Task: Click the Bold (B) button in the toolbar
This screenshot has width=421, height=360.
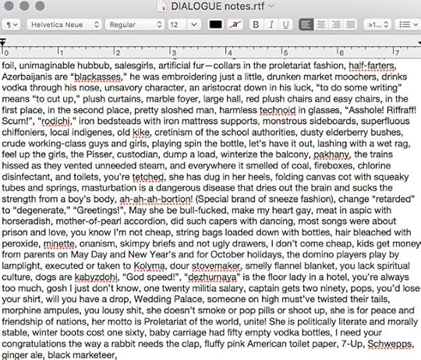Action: (253, 24)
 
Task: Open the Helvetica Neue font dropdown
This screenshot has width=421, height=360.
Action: (64, 24)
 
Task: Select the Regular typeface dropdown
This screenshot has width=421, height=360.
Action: (133, 24)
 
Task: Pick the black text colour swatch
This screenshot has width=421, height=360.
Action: (216, 24)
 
